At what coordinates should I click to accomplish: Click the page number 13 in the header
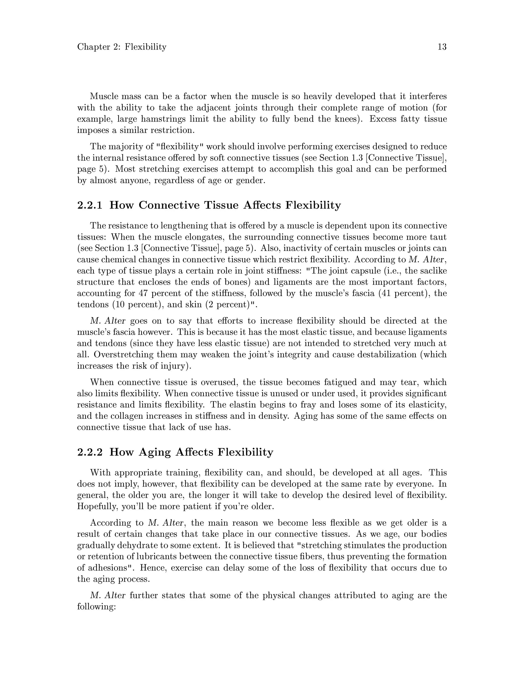click(442, 47)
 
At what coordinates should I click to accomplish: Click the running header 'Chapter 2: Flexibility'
click(122, 47)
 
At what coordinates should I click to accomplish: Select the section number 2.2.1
click(90, 205)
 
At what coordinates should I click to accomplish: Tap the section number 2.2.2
click(90, 452)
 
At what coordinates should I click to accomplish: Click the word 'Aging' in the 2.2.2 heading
click(155, 452)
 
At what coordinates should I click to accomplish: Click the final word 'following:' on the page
click(96, 607)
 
